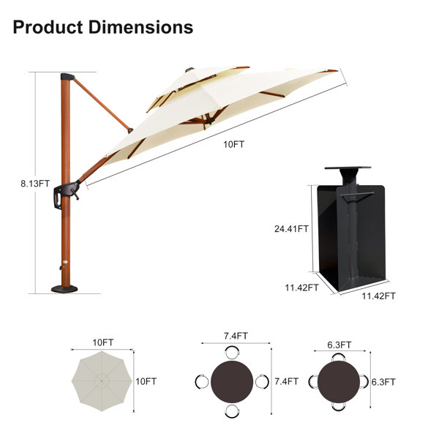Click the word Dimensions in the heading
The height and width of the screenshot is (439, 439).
pyautogui.click(x=140, y=27)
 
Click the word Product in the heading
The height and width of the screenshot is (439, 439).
pyautogui.click(x=48, y=27)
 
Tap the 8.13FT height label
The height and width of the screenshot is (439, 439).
pyautogui.click(x=35, y=184)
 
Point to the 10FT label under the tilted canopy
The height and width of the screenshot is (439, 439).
pyautogui.click(x=234, y=144)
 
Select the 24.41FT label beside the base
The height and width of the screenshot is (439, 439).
pyautogui.click(x=291, y=229)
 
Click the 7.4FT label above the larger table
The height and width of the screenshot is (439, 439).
pyautogui.click(x=236, y=336)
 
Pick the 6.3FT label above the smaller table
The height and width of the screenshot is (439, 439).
pyautogui.click(x=339, y=345)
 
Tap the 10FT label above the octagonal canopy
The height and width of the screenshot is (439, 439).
pyautogui.click(x=103, y=342)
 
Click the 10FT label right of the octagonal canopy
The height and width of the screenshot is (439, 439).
pyautogui.click(x=146, y=381)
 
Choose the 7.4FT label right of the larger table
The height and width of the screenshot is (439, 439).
pyautogui.click(x=286, y=381)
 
